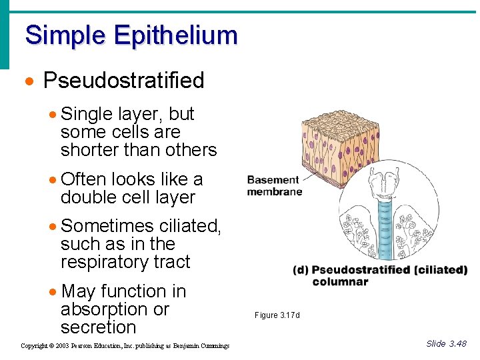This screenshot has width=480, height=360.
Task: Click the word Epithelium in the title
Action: point(175,35)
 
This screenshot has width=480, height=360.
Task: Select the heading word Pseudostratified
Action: point(123,81)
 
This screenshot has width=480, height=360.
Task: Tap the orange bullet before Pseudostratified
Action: point(29,81)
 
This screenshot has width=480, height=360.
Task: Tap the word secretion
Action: point(98,327)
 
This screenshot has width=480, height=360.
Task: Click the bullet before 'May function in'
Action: point(53,292)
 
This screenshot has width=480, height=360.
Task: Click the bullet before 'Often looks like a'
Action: point(53,180)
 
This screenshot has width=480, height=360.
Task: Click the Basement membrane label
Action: point(274,185)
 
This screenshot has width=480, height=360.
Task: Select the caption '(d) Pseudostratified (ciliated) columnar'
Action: point(380,275)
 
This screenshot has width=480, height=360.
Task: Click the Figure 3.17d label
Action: point(277,315)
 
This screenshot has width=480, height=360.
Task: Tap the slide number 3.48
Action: point(457,344)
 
